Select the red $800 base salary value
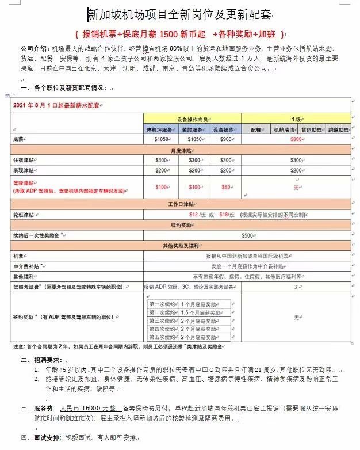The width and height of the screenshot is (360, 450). click(296, 139)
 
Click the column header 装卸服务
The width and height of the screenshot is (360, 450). click(194, 129)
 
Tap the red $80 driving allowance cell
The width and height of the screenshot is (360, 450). click(226, 187)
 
